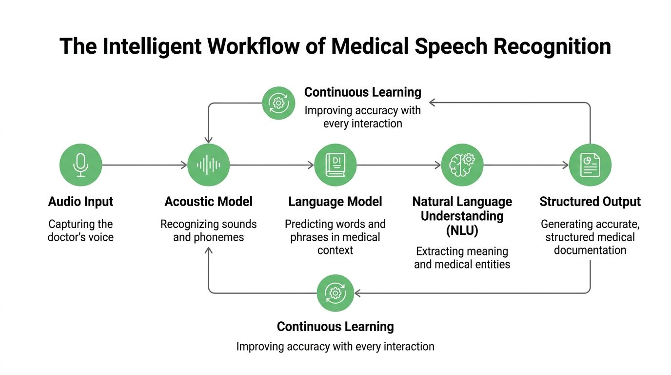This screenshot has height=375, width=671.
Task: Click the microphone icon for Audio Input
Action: point(80,165)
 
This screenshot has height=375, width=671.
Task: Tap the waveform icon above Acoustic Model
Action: point(209,165)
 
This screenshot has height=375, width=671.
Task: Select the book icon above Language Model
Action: point(335,165)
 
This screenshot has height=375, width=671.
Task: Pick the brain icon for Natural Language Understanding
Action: point(462,165)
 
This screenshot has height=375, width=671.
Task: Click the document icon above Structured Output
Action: point(590,165)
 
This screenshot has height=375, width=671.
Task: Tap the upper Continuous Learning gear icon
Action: point(278,103)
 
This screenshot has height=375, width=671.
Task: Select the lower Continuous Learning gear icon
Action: point(335,293)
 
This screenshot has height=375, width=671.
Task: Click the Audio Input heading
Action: point(80,202)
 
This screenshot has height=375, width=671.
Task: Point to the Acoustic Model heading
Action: point(209,202)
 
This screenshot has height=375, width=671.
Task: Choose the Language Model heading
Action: point(335,202)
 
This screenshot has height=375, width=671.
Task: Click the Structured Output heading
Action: point(590,202)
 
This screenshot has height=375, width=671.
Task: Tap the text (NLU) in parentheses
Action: point(462,230)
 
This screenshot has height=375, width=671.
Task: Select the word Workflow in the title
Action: point(260,47)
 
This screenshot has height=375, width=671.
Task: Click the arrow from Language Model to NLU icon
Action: point(399,166)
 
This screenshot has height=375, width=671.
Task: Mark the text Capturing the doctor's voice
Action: point(80,231)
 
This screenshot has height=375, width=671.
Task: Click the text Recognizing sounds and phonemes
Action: point(209,231)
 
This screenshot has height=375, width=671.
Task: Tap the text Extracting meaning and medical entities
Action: point(462,258)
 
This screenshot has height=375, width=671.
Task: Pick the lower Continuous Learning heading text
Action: point(335,327)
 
